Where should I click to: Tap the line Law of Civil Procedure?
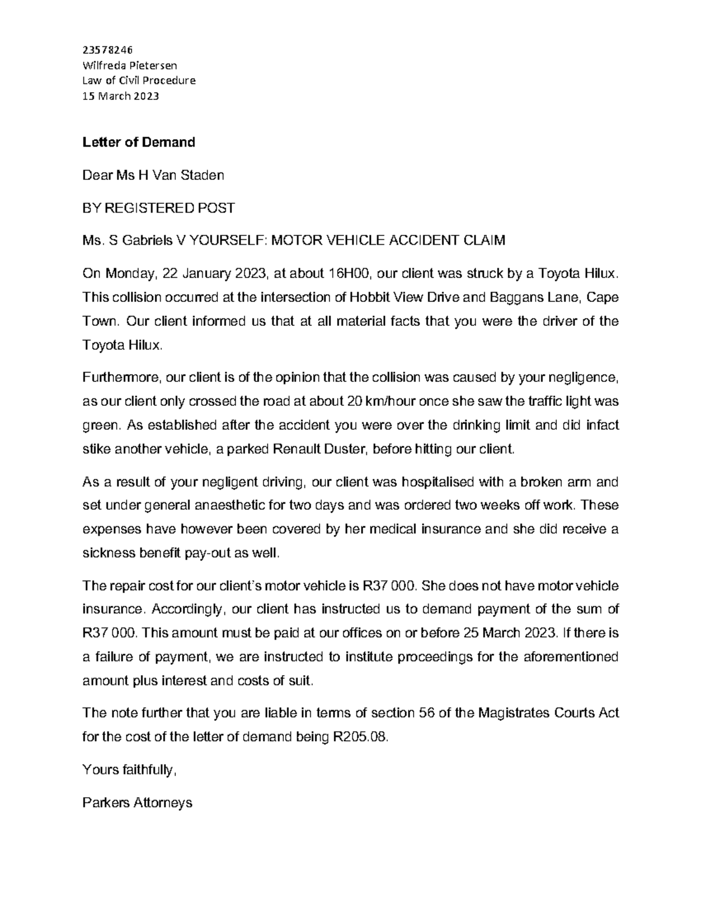coord(139,81)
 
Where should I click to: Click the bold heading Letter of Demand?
coord(138,142)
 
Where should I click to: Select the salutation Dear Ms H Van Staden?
coord(153,175)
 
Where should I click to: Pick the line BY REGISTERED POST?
coord(158,207)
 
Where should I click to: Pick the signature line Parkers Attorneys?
coord(137,802)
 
